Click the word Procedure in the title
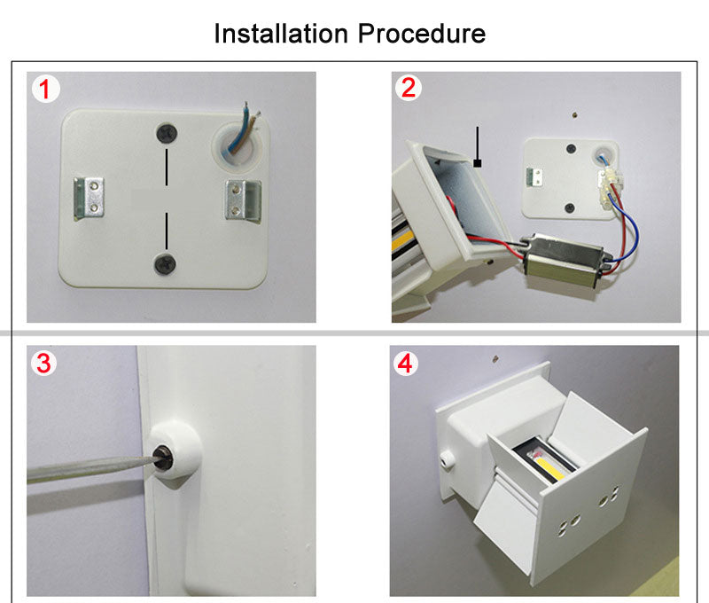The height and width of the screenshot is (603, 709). pos(422,34)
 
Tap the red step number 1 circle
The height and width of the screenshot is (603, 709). pos(46,88)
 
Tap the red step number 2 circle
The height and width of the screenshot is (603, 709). pos(408,88)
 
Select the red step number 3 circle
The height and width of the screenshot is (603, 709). pos(46,363)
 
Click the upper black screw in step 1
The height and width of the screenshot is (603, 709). pos(166,133)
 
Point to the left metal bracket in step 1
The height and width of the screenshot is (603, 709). pos(90,196)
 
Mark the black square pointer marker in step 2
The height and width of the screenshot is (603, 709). pos(478,163)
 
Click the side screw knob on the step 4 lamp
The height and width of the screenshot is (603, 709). pos(448,456)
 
